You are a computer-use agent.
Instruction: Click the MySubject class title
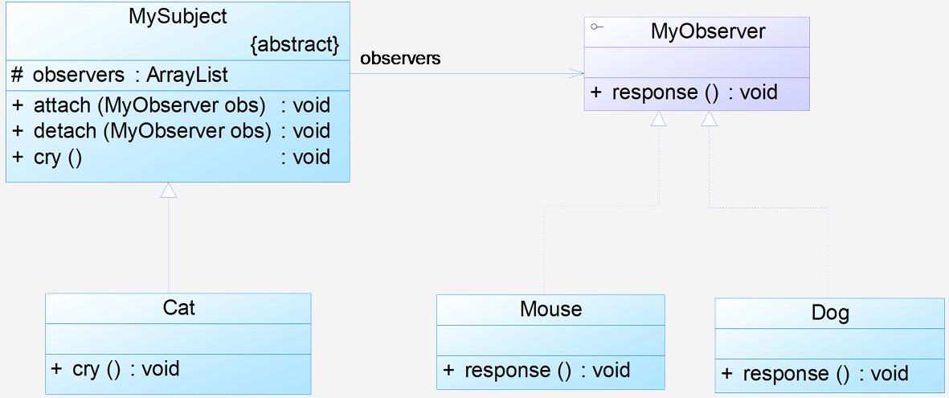click(178, 16)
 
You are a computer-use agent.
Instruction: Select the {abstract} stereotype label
click(294, 45)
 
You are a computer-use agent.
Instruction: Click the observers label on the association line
click(400, 59)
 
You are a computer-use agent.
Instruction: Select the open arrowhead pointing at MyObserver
click(577, 74)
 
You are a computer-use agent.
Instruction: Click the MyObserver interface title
click(708, 31)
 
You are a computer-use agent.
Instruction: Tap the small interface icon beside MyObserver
click(597, 27)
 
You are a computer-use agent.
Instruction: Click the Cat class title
click(179, 308)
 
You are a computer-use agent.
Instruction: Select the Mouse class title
click(550, 309)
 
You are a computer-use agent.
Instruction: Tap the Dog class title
click(830, 313)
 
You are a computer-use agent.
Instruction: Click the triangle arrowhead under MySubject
click(168, 190)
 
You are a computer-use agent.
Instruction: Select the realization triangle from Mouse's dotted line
click(658, 119)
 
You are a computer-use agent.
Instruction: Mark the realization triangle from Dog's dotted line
click(710, 119)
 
